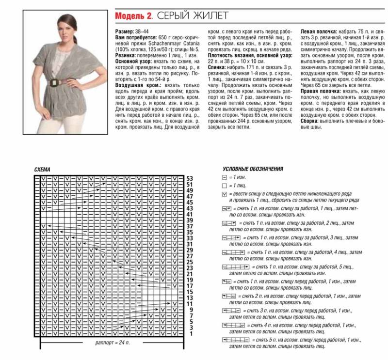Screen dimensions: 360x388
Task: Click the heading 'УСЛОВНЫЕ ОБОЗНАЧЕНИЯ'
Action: pos(253,169)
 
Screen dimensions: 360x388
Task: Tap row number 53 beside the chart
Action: pos(190,178)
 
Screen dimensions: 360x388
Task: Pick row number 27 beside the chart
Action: pos(190,256)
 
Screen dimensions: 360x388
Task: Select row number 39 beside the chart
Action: pos(190,220)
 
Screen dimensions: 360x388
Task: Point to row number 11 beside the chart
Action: pos(190,304)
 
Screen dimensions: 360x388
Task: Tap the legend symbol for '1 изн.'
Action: pos(224,178)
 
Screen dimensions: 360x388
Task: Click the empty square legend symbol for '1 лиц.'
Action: pos(224,186)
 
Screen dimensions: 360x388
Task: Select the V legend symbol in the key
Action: pos(224,194)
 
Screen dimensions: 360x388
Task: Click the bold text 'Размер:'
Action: pos(125,31)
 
